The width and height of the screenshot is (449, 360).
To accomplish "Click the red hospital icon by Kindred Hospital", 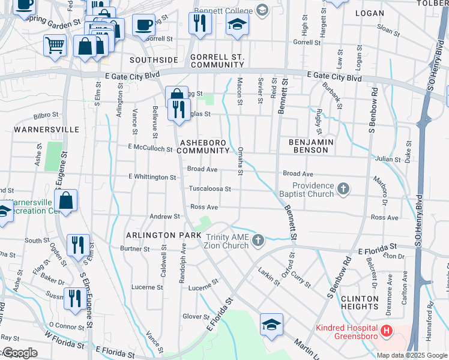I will click(386, 331).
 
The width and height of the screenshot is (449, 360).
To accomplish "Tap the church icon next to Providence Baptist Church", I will click(343, 190).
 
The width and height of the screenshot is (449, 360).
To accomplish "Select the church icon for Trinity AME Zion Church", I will click(258, 241).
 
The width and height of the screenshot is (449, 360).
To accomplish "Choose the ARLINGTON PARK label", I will click(163, 235).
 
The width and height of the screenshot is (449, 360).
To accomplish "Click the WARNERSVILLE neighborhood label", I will click(39, 129).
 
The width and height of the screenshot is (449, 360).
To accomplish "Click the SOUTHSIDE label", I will click(154, 60).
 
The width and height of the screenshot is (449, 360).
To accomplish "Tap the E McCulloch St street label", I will click(150, 148).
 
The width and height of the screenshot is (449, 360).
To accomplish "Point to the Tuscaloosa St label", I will click(210, 188).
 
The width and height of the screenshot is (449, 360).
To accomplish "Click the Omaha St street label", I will click(240, 161).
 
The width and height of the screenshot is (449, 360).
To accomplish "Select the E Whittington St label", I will click(152, 177).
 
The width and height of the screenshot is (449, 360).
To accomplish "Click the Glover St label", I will click(195, 316).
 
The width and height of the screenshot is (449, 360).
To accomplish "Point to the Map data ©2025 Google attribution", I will click(412, 355).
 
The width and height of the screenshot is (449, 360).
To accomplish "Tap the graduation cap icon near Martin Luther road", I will click(272, 325).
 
